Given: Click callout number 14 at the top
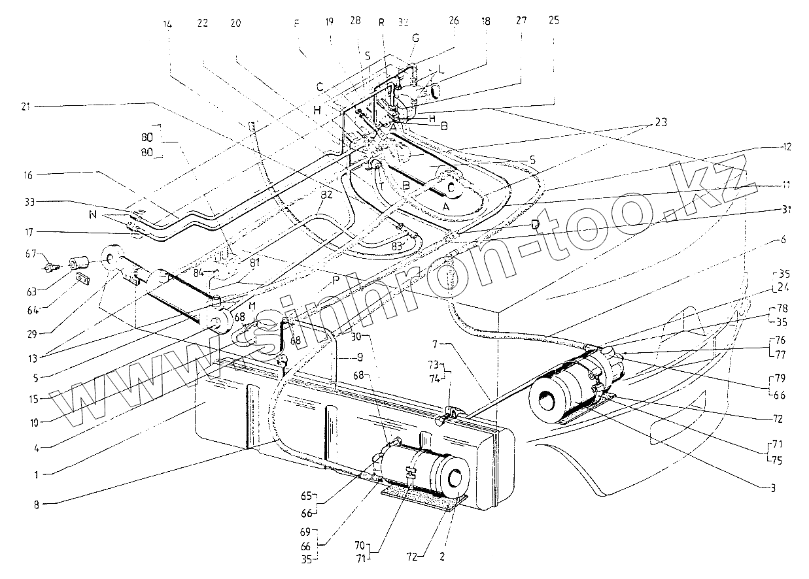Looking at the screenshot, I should pyautogui.click(x=168, y=24).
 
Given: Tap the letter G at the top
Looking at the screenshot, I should pyautogui.click(x=414, y=38).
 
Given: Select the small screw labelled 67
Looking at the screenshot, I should pyautogui.click(x=50, y=266).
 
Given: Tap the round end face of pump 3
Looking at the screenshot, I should pyautogui.click(x=548, y=395).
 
